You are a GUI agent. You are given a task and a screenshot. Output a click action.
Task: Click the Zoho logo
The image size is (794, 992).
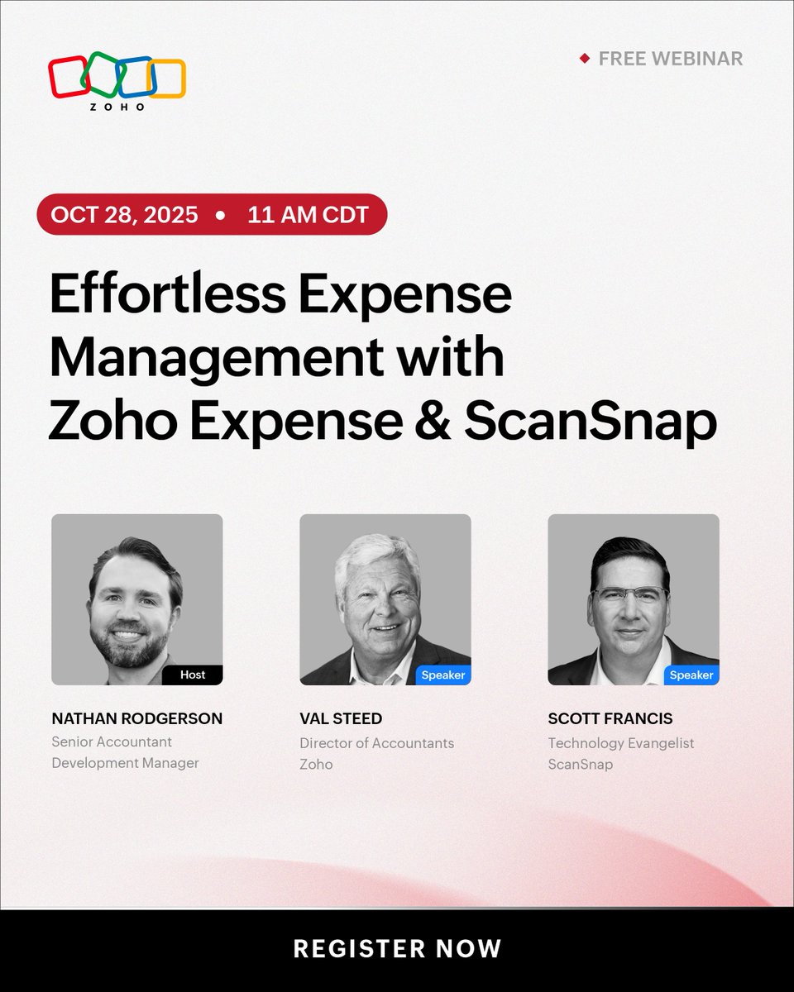(x=117, y=81)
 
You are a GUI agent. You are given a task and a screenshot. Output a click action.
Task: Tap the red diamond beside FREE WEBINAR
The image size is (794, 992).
(x=584, y=59)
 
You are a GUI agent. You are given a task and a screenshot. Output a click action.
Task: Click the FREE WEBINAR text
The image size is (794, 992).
(x=671, y=59)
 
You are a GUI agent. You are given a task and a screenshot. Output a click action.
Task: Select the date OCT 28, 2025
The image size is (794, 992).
(x=124, y=215)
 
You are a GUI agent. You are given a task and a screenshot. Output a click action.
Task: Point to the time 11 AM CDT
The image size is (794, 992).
(x=308, y=215)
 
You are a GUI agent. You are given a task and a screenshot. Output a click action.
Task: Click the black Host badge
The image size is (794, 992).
(x=192, y=675)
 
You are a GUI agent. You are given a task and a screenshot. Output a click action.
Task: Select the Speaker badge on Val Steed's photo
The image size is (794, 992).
(x=443, y=675)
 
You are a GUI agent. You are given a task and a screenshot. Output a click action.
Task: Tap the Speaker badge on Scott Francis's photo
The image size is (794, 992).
(x=691, y=675)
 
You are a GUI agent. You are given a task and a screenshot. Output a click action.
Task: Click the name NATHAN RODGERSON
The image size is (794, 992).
(x=136, y=718)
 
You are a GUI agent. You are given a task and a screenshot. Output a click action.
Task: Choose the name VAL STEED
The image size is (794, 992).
(x=341, y=718)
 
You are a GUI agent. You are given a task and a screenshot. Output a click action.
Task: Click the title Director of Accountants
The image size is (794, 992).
(x=376, y=743)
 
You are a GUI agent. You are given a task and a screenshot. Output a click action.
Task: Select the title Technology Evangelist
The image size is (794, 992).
(x=621, y=743)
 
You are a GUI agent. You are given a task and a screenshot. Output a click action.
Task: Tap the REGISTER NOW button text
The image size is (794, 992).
(x=397, y=948)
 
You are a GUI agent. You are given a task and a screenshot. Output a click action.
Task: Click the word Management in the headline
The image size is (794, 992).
(x=216, y=359)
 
